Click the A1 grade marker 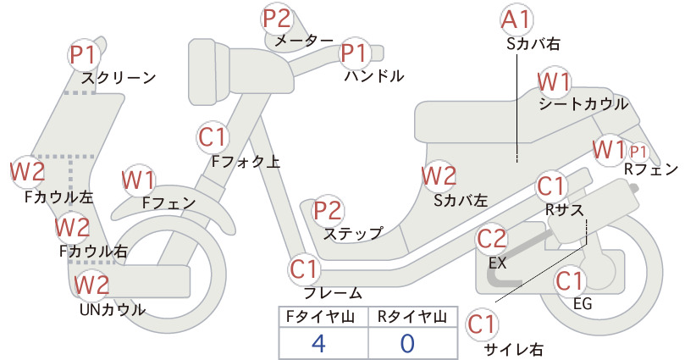[x=516, y=20]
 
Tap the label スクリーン [x=119, y=78]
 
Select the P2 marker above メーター [x=277, y=19]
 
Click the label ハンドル [x=374, y=76]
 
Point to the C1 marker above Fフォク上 [x=213, y=137]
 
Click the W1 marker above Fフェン [x=139, y=180]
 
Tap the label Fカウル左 [x=59, y=197]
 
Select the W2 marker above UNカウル [x=91, y=285]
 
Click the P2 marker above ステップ [x=327, y=211]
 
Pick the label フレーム [x=333, y=292]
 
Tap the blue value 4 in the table [x=318, y=343]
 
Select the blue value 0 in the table [x=407, y=343]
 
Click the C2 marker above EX [x=491, y=239]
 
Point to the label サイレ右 [x=514, y=350]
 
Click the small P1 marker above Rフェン [x=638, y=152]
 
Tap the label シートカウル [x=583, y=104]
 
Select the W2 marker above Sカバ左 [x=439, y=176]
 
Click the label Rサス [x=565, y=209]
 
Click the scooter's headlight [x=210, y=72]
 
